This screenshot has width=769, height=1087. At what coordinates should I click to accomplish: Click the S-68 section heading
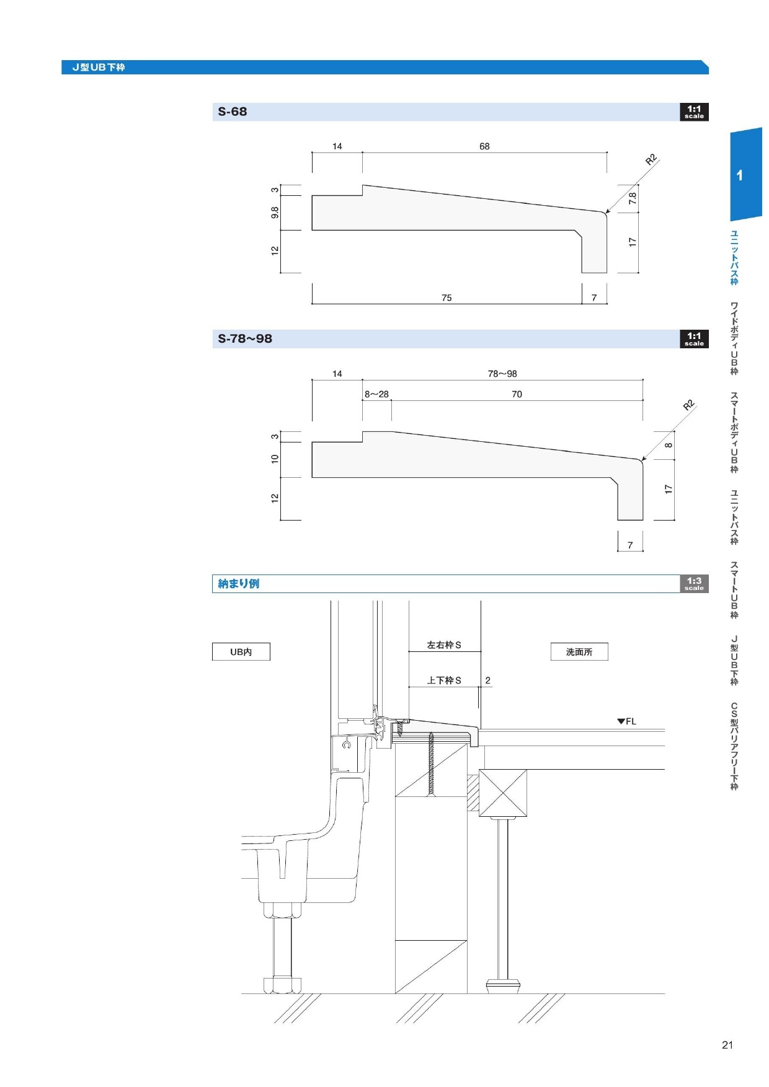click(x=233, y=112)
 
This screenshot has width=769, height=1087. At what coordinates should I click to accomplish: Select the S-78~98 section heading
click(x=245, y=339)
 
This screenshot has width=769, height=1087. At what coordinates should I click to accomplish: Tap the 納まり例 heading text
click(x=239, y=584)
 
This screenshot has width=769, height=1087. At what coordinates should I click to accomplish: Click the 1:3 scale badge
click(x=694, y=584)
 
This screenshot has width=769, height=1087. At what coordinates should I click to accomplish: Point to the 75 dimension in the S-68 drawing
click(x=447, y=298)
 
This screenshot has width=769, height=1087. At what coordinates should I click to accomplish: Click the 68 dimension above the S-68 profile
click(x=484, y=146)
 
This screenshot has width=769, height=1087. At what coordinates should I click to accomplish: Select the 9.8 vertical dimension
click(x=275, y=213)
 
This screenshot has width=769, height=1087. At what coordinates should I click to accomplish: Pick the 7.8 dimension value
click(x=633, y=198)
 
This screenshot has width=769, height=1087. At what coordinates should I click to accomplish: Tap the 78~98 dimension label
click(x=502, y=374)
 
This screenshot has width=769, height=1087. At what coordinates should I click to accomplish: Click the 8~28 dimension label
click(x=376, y=394)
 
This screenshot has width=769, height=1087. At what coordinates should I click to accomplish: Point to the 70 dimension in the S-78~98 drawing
click(x=517, y=394)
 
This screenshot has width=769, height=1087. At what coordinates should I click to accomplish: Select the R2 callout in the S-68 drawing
click(x=651, y=159)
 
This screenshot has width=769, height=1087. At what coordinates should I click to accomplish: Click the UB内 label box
click(x=241, y=652)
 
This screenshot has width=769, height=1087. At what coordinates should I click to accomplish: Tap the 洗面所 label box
click(x=579, y=652)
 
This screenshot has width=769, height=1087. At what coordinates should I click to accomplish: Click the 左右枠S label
click(x=444, y=645)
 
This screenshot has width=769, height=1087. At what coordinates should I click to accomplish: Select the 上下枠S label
click(x=444, y=680)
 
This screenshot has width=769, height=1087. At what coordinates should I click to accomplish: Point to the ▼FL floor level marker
click(x=626, y=721)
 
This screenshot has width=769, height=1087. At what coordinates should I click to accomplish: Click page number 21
click(x=727, y=1045)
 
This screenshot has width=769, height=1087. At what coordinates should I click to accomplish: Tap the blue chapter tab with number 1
click(x=746, y=174)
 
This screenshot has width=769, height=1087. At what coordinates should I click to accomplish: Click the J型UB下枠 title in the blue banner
click(x=99, y=68)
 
